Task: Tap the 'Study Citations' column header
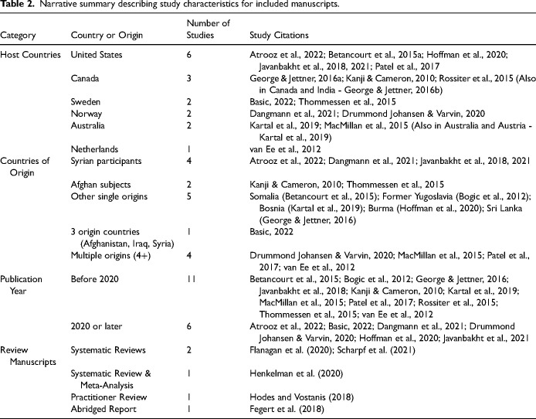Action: [280, 36]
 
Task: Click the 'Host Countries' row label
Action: [30, 55]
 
